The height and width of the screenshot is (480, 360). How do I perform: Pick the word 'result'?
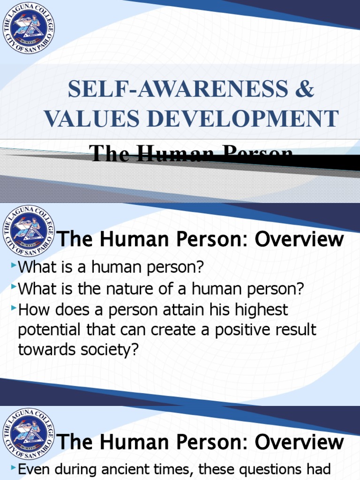pos(299,330)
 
